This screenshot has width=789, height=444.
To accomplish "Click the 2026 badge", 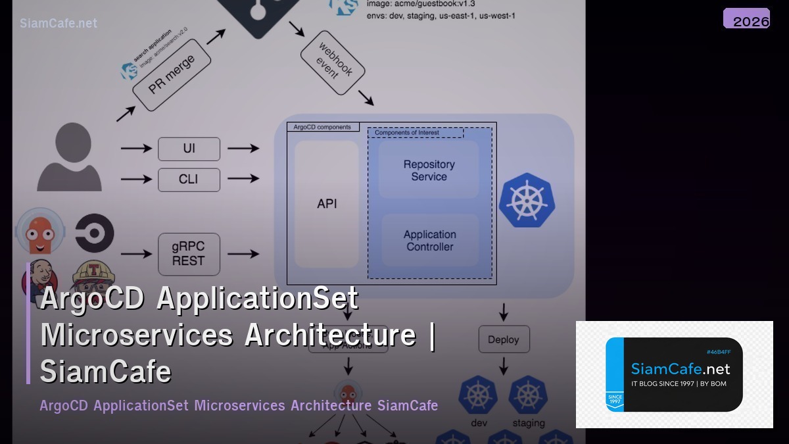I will (x=746, y=19).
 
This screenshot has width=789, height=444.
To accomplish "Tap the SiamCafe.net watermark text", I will (x=59, y=23).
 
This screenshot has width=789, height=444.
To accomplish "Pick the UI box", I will (x=189, y=149).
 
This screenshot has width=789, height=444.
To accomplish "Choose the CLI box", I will (x=189, y=179).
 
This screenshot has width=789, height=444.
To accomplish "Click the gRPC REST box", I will (x=189, y=254).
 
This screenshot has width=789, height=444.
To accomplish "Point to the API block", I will (x=327, y=204).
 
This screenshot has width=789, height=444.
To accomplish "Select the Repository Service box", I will (x=429, y=170).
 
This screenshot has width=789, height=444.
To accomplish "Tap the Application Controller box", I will (x=429, y=241).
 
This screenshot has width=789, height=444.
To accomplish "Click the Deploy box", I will (x=504, y=339).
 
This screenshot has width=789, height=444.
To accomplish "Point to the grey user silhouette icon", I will (x=69, y=158).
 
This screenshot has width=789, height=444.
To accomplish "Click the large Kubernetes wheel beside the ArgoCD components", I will (x=527, y=201).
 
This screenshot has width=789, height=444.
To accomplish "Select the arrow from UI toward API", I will (x=243, y=149).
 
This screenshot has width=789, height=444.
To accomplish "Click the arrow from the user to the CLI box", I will (x=136, y=179).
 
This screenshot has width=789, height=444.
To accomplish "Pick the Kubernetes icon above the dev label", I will (x=478, y=395).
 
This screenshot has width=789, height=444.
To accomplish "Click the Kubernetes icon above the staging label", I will (x=528, y=395).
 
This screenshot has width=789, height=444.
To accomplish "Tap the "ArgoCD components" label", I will (x=322, y=127).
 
